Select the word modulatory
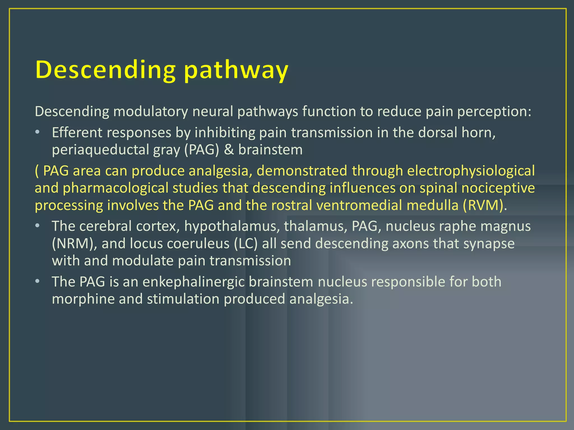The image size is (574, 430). point(151,111)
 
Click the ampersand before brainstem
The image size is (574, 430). point(229,150)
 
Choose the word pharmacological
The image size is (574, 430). point(115,188)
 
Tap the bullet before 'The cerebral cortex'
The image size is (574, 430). point(37,225)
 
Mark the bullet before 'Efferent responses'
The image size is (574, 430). point(37,132)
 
